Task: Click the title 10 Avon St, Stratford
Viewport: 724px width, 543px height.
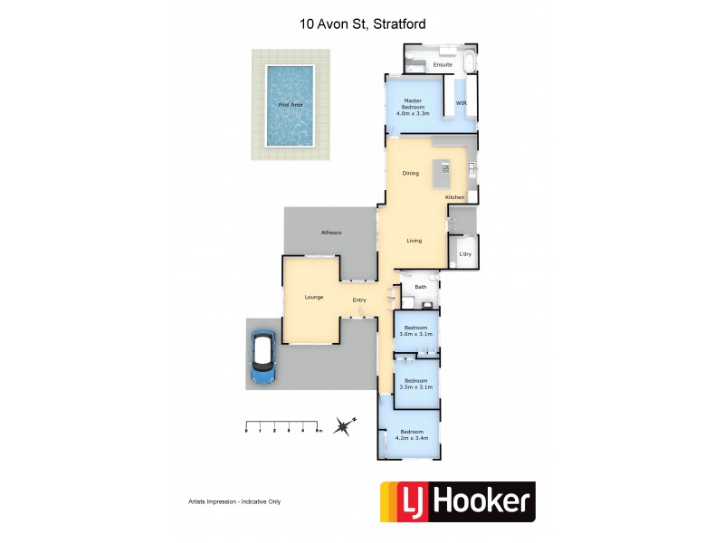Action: coord(362,24)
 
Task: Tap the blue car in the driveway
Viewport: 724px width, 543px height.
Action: coord(263,357)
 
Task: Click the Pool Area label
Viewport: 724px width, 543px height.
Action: coord(291,105)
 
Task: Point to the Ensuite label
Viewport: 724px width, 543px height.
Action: coord(443,65)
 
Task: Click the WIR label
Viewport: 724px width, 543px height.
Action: coord(461,103)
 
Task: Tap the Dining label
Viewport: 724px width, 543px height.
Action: coord(410,173)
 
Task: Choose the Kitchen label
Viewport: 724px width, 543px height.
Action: coord(454,196)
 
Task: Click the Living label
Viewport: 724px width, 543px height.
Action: coord(414,240)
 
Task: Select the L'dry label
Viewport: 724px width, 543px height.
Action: coord(464,254)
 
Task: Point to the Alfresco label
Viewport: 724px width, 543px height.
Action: coord(330,233)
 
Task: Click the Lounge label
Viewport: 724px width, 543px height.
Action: coord(314,297)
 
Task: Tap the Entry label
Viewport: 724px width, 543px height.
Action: coord(359,300)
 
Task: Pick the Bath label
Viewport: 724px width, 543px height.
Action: coord(420,287)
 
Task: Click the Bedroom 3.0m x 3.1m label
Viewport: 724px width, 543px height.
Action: coord(417,330)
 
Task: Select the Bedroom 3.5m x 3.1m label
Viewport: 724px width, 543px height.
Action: coord(417,383)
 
